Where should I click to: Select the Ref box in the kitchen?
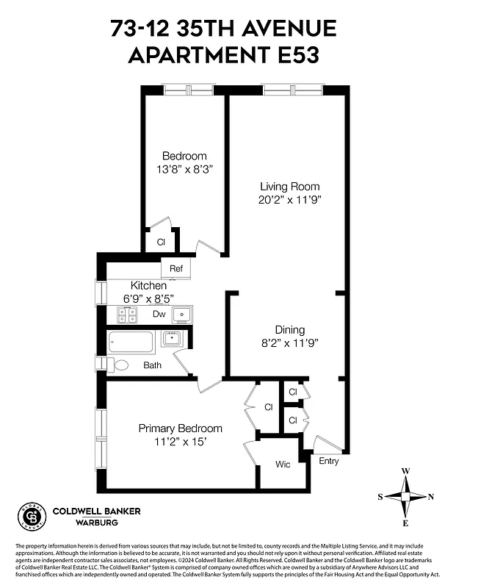[176, 268]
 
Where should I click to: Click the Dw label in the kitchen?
[159, 315]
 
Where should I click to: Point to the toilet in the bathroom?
[119, 364]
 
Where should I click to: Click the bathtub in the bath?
[131, 343]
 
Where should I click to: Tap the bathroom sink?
[173, 339]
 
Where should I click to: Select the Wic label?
[283, 465]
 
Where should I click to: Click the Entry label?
[330, 461]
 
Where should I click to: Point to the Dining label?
[289, 330]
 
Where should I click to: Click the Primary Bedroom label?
[181, 429]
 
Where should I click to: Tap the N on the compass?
[431, 497]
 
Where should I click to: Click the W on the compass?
[405, 472]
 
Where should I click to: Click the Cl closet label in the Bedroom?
[161, 241]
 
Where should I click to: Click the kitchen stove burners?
[128, 315]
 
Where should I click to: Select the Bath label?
[152, 365]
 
